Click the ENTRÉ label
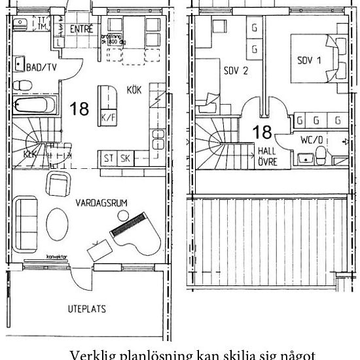pyautogui.click(x=81, y=30)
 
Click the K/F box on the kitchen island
pyautogui.click(x=107, y=118)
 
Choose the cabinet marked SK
pyautogui.click(x=124, y=158)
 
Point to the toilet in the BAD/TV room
pyautogui.click(x=22, y=84)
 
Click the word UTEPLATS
pyautogui.click(x=87, y=308)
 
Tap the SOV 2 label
pyautogui.click(x=235, y=70)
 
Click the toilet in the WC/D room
pyautogui.click(x=321, y=154)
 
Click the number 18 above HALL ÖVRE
pyautogui.click(x=262, y=132)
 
